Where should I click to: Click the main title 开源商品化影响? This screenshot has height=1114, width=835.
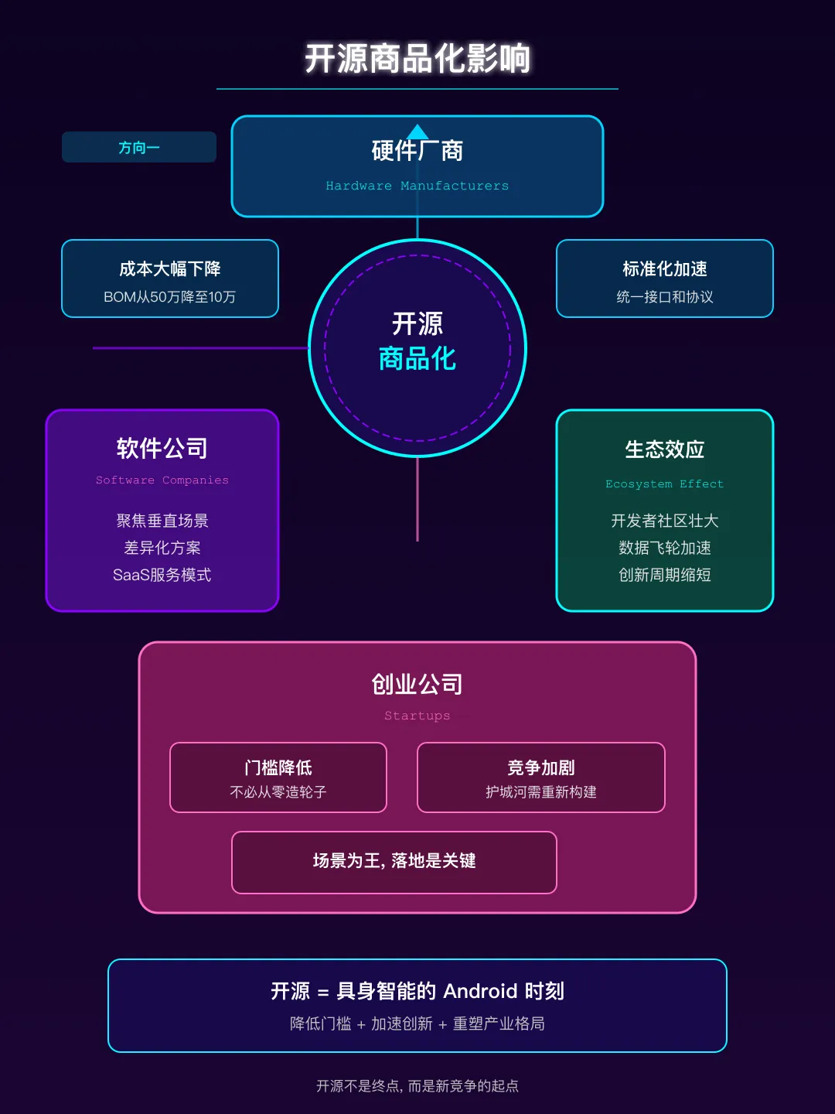point(417,59)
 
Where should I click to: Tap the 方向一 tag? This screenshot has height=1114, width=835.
point(139,147)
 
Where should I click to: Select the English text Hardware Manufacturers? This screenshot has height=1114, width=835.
point(417,186)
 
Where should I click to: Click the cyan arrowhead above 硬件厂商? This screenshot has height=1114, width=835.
point(417,132)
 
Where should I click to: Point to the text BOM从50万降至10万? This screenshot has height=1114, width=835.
point(170,297)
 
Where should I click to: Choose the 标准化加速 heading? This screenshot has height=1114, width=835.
point(665,268)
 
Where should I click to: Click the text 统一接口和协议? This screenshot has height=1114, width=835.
point(665,297)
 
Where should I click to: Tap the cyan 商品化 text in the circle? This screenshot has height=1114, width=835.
point(417,359)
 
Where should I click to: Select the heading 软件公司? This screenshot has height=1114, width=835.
point(162,448)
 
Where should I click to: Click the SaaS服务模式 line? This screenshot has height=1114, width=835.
point(162,575)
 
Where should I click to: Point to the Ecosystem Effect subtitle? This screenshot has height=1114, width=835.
point(665,484)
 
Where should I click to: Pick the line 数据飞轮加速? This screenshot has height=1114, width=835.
point(665,548)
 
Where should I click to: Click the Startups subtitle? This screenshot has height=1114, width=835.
point(417,716)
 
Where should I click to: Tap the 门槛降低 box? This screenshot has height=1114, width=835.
point(278,777)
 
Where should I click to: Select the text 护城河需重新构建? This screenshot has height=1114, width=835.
point(541,792)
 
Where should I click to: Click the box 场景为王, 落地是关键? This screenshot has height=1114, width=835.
point(394,862)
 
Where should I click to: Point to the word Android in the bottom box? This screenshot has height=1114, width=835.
point(480,991)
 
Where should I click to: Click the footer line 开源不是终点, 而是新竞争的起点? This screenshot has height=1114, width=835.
point(417,1086)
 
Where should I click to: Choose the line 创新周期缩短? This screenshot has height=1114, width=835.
point(665,575)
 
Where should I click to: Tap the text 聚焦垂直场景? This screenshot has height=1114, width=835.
point(162,521)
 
